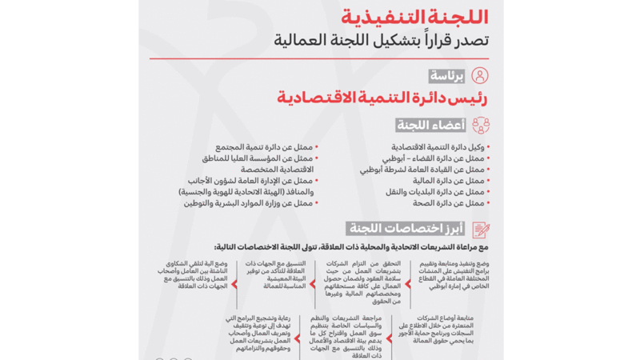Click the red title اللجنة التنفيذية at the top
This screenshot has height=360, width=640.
tap(414, 16)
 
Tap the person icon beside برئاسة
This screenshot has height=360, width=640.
tap(479, 76)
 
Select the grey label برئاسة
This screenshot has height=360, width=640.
tap(446, 76)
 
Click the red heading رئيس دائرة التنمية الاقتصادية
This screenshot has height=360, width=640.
tap(382, 98)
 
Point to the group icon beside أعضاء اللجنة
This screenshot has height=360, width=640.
tap(481, 126)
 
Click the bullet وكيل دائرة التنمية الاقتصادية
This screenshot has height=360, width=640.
tap(438, 148)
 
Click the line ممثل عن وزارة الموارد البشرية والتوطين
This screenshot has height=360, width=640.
tap(249, 203)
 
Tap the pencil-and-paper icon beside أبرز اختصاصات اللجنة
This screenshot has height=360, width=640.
tap(481, 229)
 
